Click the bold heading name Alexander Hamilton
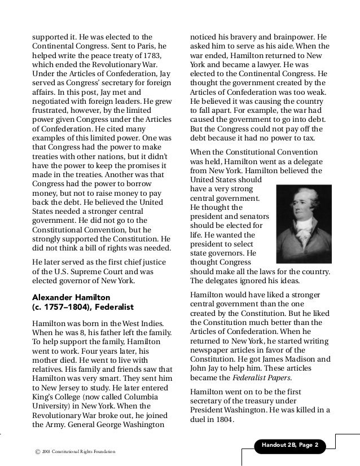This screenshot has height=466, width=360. (70, 296)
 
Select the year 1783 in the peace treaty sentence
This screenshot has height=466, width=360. (151, 58)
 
